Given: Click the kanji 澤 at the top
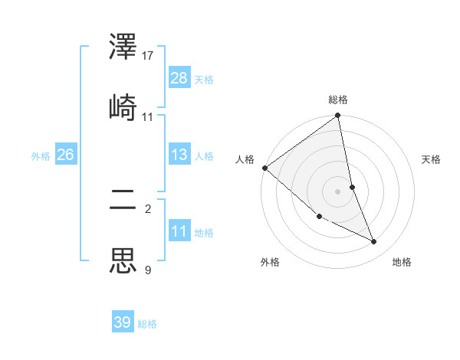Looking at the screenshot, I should pyautogui.click(x=123, y=48).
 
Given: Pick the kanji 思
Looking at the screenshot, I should pyautogui.click(x=123, y=260).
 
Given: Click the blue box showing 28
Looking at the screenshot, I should pyautogui.click(x=179, y=77).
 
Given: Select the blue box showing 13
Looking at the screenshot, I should pyautogui.click(x=179, y=155).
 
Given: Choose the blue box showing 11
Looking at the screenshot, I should pyautogui.click(x=179, y=231).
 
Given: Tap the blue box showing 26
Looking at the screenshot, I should pyautogui.click(x=65, y=155).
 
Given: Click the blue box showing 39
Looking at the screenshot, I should pyautogui.click(x=123, y=322).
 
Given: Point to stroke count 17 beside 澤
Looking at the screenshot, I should pyautogui.click(x=149, y=56).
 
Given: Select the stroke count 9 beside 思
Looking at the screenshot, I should pyautogui.click(x=148, y=269).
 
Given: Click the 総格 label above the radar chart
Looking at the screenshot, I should pyautogui.click(x=338, y=100).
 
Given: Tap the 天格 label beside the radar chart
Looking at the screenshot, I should pyautogui.click(x=431, y=159).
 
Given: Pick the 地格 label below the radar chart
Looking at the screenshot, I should pyautogui.click(x=402, y=262).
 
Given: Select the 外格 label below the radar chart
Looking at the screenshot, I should pyautogui.click(x=270, y=262).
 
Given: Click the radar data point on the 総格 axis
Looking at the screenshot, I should pyautogui.click(x=338, y=116).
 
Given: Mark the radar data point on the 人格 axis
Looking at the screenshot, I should pyautogui.click(x=264, y=168).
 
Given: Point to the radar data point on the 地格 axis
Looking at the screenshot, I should pyautogui.click(x=374, y=242).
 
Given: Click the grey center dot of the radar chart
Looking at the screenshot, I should pyautogui.click(x=338, y=191).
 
